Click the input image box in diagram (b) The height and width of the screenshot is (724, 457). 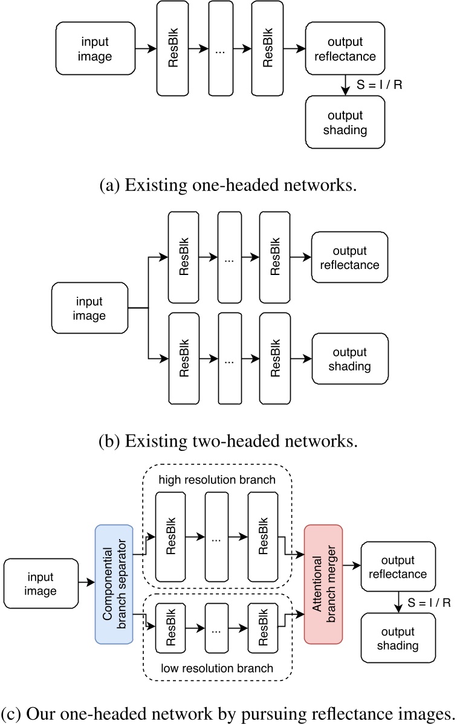pos(89,309)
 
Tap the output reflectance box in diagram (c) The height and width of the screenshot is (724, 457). pos(398,567)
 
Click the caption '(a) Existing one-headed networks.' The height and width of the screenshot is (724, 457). pos(228,184)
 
